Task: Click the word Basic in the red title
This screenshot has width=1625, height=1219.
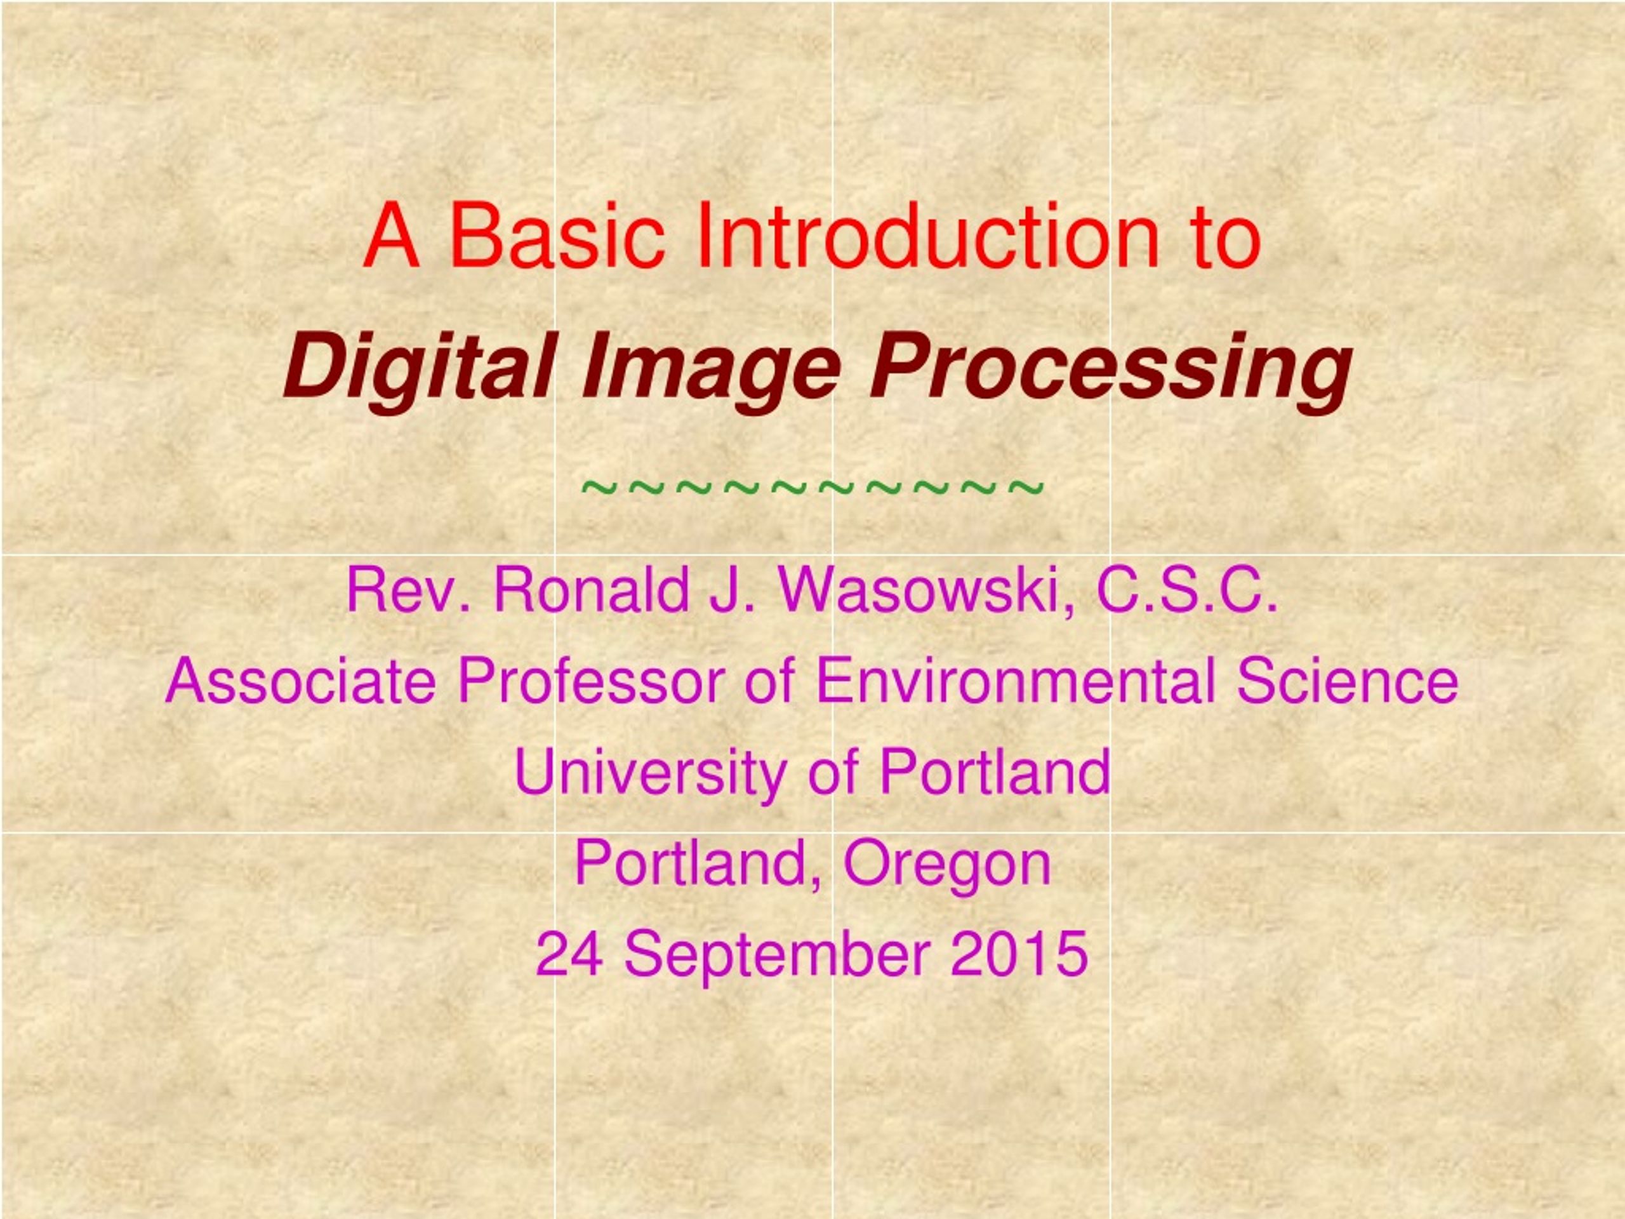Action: click(557, 236)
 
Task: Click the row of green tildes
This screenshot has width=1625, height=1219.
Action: click(812, 486)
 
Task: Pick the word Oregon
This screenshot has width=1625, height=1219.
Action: click(947, 865)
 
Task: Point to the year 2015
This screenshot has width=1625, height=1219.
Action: click(1019, 954)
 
